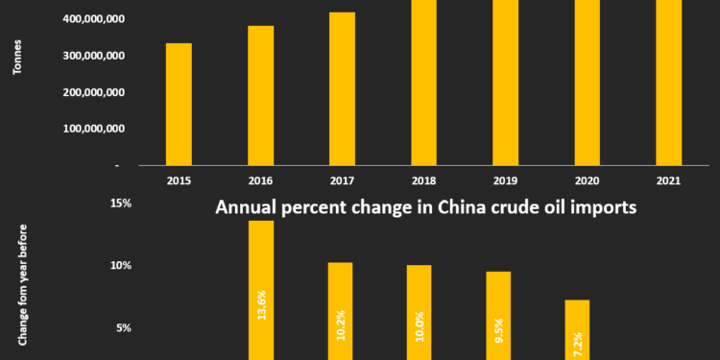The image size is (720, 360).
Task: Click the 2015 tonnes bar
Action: (179, 104)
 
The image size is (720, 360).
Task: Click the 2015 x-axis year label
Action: (179, 179)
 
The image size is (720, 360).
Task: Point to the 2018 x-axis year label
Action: (423, 179)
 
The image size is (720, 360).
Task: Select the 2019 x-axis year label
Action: (505, 179)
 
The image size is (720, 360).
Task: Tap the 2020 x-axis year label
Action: (587, 179)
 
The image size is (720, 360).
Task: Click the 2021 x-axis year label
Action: (668, 179)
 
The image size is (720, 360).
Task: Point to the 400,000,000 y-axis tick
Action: (91, 19)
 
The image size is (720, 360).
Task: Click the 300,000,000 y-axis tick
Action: (91, 56)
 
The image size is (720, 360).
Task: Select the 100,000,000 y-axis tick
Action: (91, 129)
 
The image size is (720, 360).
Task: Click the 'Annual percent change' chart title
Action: (426, 207)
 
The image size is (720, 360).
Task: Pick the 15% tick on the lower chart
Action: (121, 203)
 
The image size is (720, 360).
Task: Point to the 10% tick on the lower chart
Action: (121, 266)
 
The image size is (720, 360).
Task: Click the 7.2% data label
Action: (578, 342)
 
